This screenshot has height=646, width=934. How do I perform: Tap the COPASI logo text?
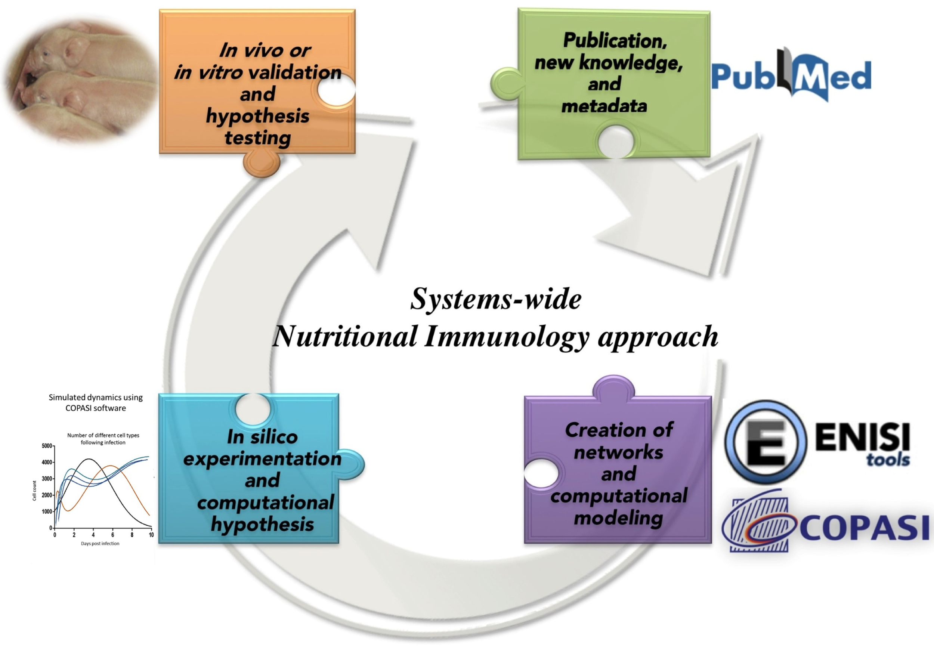point(864,528)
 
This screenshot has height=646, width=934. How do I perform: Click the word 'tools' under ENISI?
point(888,460)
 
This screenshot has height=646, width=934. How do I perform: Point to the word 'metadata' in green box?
point(604,106)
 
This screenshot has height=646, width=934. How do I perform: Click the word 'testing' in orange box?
point(258,137)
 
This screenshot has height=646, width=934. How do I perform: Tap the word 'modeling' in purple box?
point(618,518)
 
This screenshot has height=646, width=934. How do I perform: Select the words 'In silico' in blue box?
point(262,437)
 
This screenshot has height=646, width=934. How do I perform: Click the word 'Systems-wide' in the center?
point(496,299)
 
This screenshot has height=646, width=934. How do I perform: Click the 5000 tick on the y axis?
point(47,446)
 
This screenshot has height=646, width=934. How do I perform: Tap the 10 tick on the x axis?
point(151,535)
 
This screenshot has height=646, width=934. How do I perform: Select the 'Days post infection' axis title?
point(100,544)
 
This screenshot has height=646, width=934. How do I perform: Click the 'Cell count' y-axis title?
point(34,491)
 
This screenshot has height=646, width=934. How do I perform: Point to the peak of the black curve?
point(89,459)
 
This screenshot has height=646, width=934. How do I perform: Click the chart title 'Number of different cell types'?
point(103,435)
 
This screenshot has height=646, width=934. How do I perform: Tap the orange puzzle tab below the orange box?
point(262,162)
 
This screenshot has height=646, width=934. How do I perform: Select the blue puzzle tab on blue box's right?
point(350,464)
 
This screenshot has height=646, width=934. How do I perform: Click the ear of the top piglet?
point(75,50)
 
